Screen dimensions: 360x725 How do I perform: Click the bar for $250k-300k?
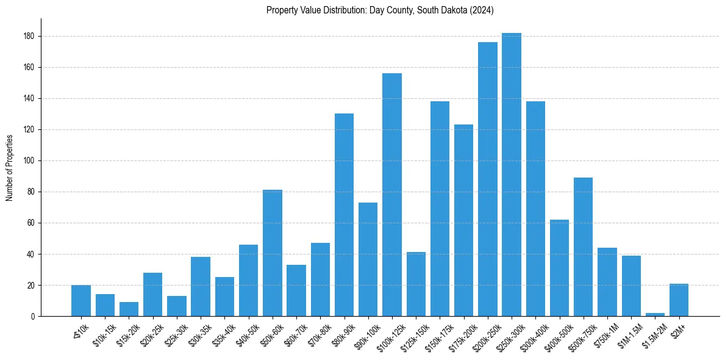pos(512,175)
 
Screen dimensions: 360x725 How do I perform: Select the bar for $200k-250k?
pos(488,179)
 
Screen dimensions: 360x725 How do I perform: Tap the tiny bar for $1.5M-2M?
pos(655,314)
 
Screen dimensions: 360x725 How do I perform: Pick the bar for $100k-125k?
pos(392,195)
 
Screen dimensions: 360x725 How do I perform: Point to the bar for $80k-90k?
pos(344,215)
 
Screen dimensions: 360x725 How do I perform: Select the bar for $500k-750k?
pos(583,247)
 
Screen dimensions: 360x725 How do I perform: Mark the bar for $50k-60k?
pos(273,253)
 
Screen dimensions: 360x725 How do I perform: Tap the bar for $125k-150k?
pos(416,284)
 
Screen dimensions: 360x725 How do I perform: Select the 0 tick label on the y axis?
pos(34,317)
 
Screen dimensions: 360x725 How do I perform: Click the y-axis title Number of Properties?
pos(9,167)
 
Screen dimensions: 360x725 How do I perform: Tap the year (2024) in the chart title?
pos(482,10)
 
